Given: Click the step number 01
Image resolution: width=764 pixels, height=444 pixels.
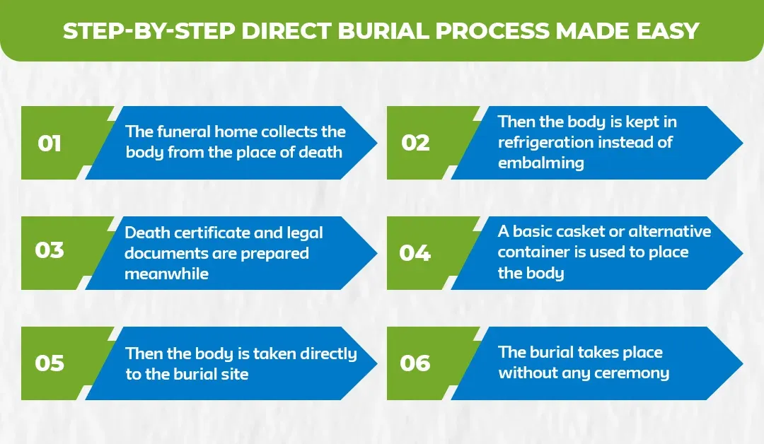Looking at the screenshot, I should click(50, 144).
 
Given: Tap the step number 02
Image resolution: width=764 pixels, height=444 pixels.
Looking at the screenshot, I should click(415, 143).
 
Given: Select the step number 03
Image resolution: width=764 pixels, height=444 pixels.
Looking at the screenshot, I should click(50, 251).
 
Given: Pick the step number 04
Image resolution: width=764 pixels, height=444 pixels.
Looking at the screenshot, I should click(415, 253).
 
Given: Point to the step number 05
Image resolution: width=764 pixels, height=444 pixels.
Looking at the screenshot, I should click(50, 363).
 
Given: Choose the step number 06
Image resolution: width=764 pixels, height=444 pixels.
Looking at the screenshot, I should click(415, 363).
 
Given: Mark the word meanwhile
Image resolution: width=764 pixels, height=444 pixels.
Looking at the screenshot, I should click(167, 274).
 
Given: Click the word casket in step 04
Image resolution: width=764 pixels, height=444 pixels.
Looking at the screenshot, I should click(564, 231).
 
